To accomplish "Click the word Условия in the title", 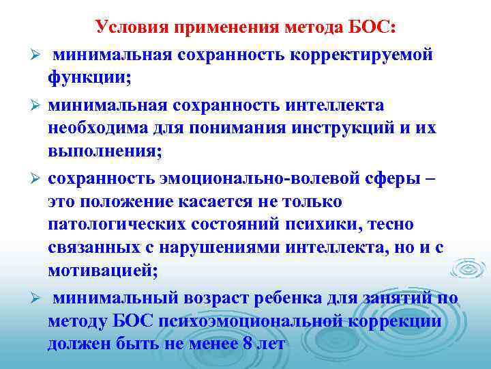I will click(x=131, y=27).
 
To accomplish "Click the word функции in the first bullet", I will click(x=86, y=77).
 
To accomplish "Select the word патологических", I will click(x=117, y=224).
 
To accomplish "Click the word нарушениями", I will click(x=233, y=248).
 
